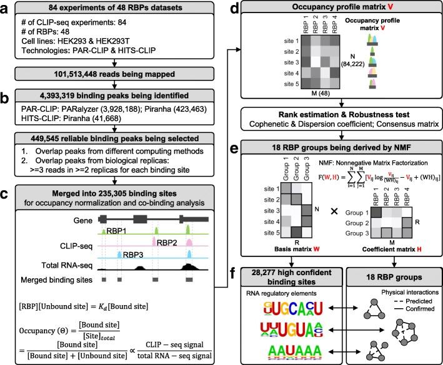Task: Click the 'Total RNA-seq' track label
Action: pos(54,265)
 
